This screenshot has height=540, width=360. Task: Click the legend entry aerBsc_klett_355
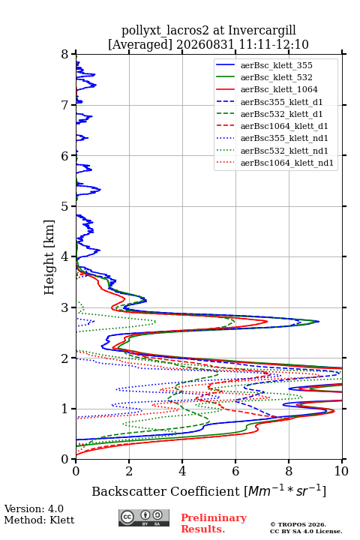(x=276, y=65)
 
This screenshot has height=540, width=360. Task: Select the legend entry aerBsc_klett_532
(x=276, y=77)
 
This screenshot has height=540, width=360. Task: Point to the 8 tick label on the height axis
(x=65, y=55)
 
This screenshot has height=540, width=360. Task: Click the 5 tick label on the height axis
(x=65, y=207)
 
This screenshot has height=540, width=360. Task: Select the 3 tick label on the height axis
(x=65, y=307)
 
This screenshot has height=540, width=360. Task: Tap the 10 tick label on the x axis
(x=341, y=471)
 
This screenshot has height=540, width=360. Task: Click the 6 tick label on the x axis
(x=235, y=471)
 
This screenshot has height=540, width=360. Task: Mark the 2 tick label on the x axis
(x=129, y=471)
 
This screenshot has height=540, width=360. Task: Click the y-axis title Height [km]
(x=49, y=257)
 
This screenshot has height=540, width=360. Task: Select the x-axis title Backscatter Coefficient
(x=166, y=491)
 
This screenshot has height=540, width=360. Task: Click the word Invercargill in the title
(x=262, y=31)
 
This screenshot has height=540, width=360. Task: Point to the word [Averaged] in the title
(x=140, y=45)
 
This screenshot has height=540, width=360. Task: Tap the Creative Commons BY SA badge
(x=144, y=517)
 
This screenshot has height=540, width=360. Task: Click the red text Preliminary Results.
(x=214, y=523)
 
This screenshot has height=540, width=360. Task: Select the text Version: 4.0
(x=34, y=508)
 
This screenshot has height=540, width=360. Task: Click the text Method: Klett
(x=39, y=520)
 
